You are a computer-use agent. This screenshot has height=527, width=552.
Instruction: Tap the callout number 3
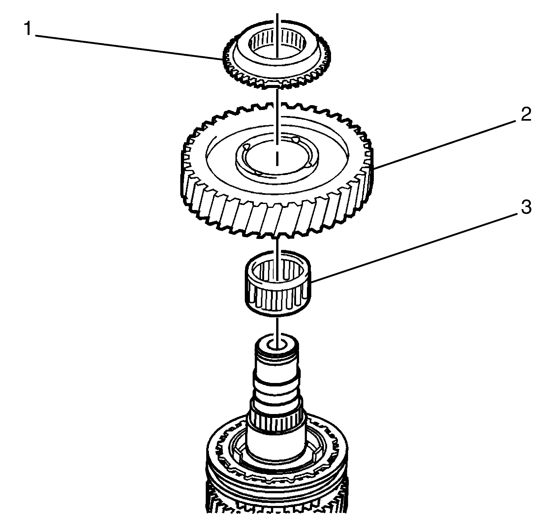526,208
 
